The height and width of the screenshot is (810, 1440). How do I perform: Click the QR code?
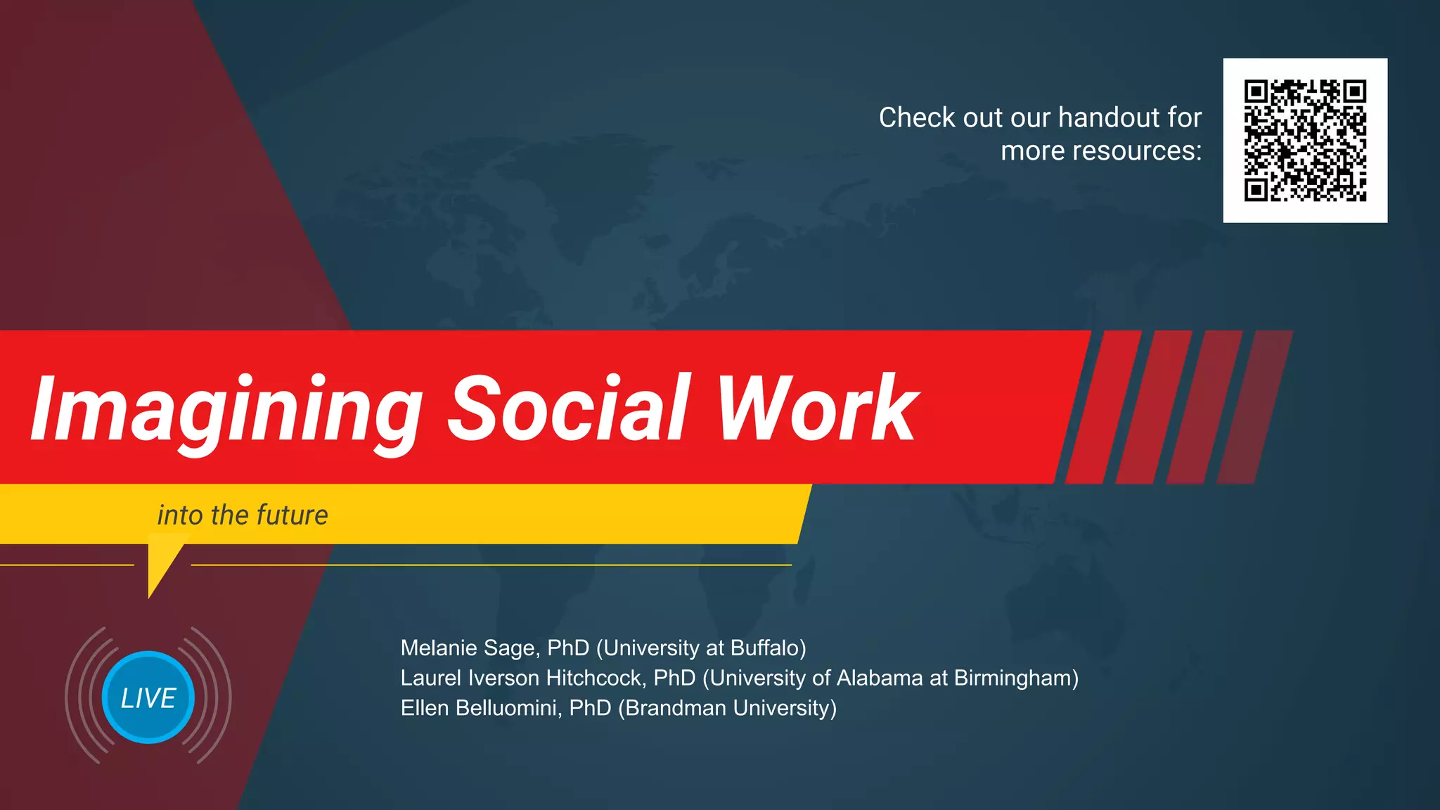tap(1305, 141)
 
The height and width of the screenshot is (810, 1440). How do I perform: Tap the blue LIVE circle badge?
tap(148, 697)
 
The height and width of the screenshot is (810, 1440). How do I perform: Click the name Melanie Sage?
tap(470, 648)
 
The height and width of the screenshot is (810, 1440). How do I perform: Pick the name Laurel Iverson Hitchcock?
tap(522, 678)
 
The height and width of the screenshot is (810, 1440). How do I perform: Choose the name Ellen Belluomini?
tap(481, 708)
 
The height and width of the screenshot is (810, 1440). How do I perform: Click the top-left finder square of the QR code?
tap(1256, 91)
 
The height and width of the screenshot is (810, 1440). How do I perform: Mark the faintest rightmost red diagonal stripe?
tap(1255, 406)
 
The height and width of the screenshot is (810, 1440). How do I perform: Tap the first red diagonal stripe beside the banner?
tap(1102, 406)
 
